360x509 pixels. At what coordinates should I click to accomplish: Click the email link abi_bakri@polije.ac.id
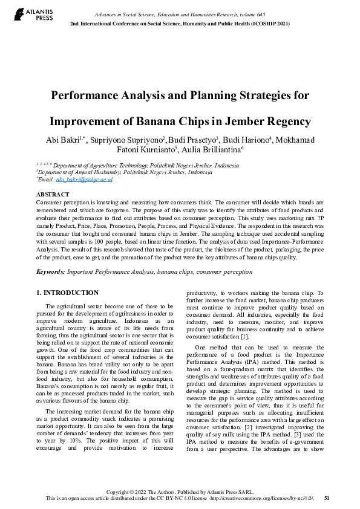point(84,180)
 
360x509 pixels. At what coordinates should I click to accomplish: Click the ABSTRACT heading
point(53,194)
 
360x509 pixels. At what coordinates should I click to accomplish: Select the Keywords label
point(50,272)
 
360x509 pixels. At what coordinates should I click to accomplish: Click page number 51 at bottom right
point(327,498)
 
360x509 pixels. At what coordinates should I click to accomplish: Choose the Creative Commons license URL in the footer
point(255,498)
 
